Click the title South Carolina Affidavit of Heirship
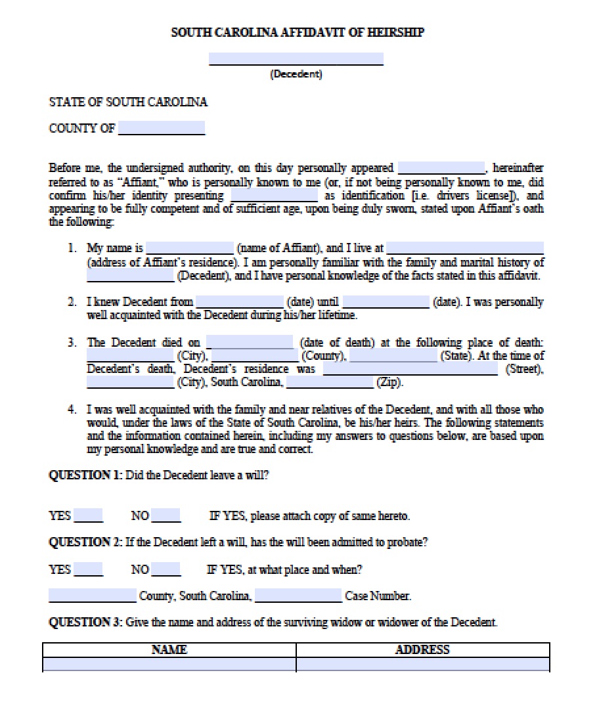(x=298, y=32)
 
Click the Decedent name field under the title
(x=296, y=59)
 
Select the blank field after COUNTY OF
(x=161, y=128)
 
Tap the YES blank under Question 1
(x=88, y=515)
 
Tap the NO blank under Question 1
(x=166, y=515)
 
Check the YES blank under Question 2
(x=88, y=569)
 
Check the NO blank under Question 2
(x=166, y=569)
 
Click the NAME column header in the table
(x=169, y=649)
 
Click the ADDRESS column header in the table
(x=422, y=649)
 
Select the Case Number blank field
(x=298, y=596)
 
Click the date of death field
(x=250, y=343)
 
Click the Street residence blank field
(x=410, y=369)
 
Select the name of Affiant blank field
(x=189, y=248)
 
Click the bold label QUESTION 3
(x=85, y=622)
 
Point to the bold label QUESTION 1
(x=85, y=475)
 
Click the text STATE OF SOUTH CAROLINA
(x=128, y=102)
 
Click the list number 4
(x=72, y=410)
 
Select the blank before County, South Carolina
(x=92, y=596)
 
